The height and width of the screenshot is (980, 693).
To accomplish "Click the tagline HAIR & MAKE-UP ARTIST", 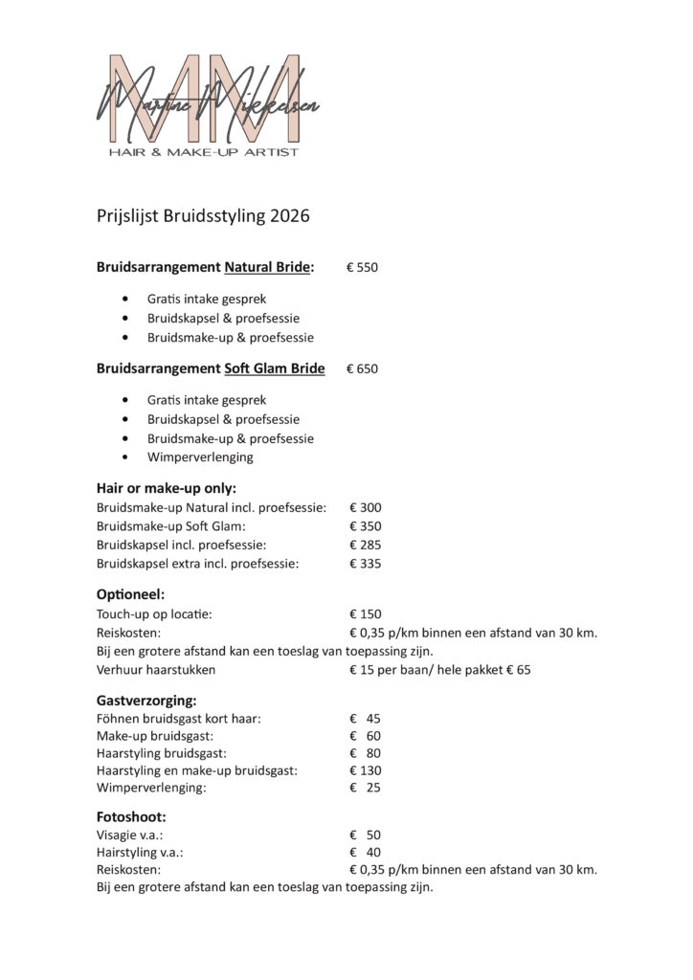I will [205, 151].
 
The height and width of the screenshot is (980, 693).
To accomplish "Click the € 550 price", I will [362, 267].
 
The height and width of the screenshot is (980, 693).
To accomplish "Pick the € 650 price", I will [362, 368].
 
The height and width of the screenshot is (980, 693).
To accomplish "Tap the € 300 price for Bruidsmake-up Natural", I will [366, 507].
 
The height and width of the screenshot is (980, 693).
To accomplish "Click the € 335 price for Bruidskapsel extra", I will [366, 564].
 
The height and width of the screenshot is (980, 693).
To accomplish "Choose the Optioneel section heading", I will [131, 594].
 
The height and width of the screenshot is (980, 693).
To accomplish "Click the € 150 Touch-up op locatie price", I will [366, 613].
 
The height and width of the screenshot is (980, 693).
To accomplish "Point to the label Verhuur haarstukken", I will [156, 670].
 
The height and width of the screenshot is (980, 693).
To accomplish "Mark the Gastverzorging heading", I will [146, 701].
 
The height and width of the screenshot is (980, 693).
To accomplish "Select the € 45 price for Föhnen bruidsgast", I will [366, 719].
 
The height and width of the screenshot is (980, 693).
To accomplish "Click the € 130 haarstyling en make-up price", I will [366, 769].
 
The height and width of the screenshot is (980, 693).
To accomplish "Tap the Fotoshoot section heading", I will [131, 818].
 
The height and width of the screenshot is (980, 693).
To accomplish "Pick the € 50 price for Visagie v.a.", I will [366, 835].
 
